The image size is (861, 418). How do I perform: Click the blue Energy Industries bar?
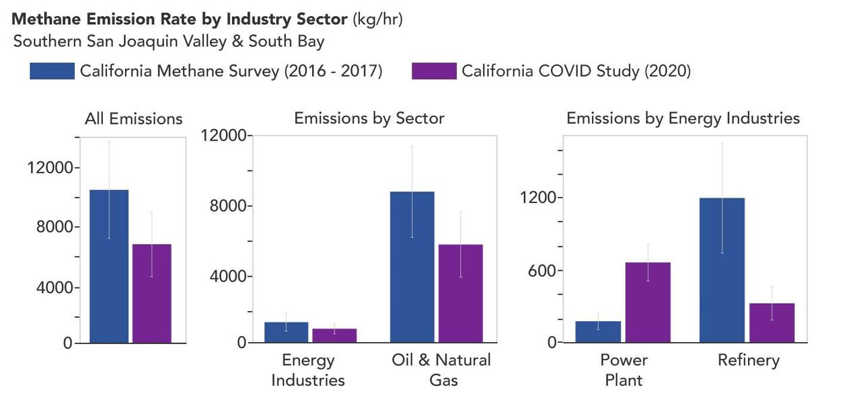(x=286, y=332)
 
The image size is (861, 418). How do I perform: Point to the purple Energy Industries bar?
(x=334, y=335)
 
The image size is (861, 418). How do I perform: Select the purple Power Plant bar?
(x=648, y=302)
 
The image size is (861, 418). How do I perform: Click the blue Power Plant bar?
(x=598, y=332)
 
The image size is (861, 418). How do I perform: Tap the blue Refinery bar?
(x=722, y=269)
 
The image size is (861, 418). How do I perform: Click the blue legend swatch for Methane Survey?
(x=52, y=71)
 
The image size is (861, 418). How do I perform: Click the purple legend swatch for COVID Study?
(x=434, y=71)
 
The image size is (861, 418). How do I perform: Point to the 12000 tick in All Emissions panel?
(x=50, y=167)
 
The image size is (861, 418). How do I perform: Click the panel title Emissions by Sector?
(x=369, y=118)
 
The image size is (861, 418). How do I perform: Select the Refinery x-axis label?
(x=748, y=360)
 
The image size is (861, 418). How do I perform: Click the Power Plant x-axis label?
(x=624, y=370)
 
